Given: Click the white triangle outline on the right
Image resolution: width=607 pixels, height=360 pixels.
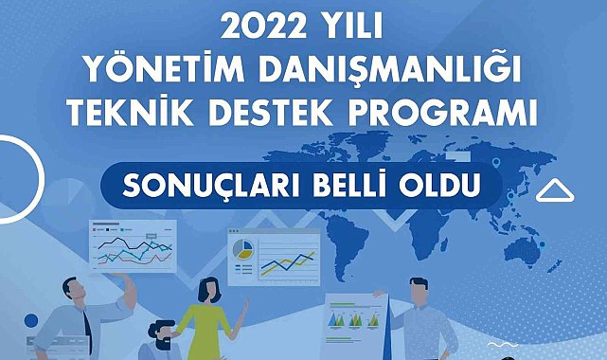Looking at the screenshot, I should coord(557,191).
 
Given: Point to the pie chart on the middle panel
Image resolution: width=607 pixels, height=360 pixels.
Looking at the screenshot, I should coord(242,249).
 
